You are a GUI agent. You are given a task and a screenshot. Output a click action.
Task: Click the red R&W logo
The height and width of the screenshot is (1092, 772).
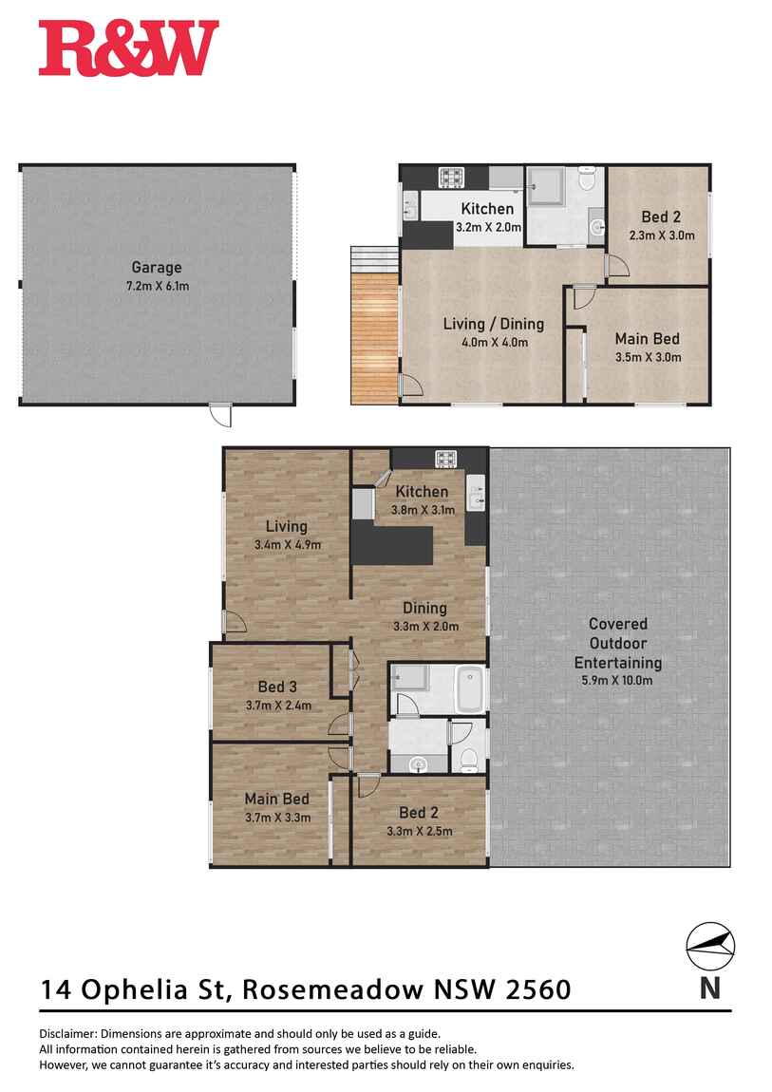[x=128, y=48]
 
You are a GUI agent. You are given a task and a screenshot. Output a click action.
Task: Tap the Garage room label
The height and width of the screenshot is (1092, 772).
[x=157, y=268]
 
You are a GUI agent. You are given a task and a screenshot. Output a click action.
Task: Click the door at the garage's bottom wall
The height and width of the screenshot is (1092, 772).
[x=220, y=414]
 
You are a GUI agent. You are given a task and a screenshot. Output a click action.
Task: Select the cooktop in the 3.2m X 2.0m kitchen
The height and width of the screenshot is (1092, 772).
[x=449, y=177]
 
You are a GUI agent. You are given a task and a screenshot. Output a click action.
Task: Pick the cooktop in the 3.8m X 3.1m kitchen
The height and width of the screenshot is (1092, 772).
[x=447, y=460]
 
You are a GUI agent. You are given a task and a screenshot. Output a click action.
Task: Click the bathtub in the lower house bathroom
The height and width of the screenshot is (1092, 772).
[x=470, y=688]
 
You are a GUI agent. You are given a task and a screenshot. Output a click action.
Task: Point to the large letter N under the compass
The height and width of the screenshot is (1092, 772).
[x=710, y=988]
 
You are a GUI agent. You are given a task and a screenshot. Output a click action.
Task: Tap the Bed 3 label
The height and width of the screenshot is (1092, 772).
[x=277, y=687]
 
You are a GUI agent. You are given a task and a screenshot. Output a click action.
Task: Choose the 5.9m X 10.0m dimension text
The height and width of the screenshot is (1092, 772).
[x=618, y=680]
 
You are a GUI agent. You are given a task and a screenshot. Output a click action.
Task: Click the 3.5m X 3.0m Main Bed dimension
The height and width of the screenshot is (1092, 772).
[x=648, y=357]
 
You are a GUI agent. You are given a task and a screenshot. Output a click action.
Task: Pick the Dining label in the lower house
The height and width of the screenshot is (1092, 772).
[x=424, y=609]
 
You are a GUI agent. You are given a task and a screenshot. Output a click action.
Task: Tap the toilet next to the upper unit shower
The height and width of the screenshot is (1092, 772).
[x=588, y=178]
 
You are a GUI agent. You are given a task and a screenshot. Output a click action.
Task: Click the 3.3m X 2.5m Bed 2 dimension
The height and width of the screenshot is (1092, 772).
[x=419, y=830]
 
